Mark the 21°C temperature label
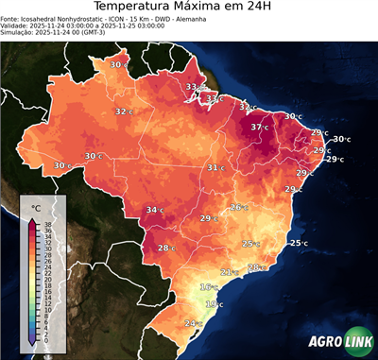tap(229, 272)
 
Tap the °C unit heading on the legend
tap(36, 207)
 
